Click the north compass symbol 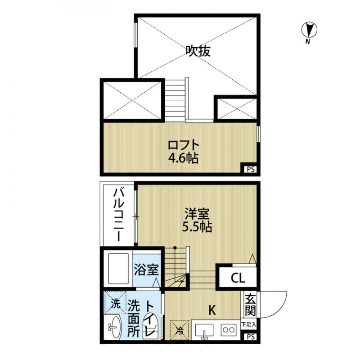pyautogui.click(x=309, y=31)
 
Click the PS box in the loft pyautogui.click(x=250, y=169)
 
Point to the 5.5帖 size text pyautogui.click(x=197, y=226)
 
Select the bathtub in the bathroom pyautogui.click(x=117, y=269)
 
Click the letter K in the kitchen pyautogui.click(x=212, y=310)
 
